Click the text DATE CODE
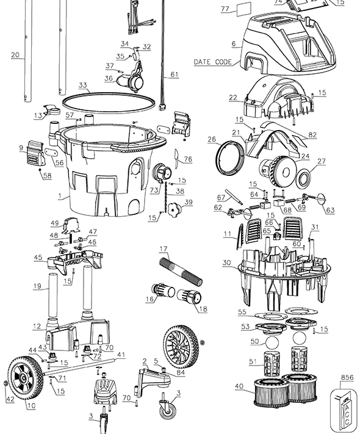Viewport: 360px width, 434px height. (x=212, y=62)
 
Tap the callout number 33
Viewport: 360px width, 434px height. (x=83, y=85)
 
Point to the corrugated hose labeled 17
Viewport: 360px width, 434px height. (x=181, y=274)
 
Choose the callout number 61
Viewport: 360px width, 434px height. (x=175, y=74)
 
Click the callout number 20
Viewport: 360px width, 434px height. (x=15, y=55)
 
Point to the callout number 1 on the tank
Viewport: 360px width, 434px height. (x=59, y=197)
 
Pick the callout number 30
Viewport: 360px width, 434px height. (x=226, y=263)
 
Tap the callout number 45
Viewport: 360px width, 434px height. (x=38, y=258)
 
